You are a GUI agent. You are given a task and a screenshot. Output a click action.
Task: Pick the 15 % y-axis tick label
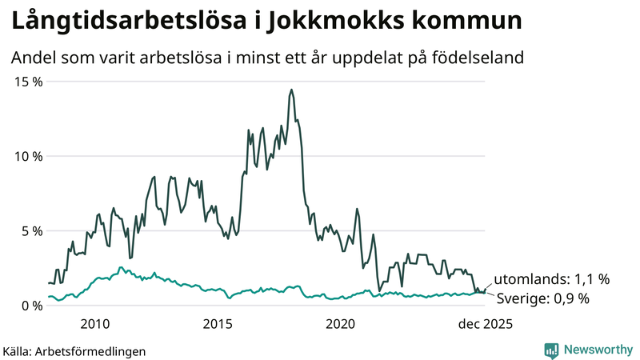click(26, 82)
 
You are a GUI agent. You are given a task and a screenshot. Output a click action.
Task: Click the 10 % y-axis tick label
click(26, 156)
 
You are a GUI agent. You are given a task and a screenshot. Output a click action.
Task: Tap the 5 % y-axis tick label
click(30, 230)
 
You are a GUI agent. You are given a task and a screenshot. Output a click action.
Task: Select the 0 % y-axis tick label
click(30, 305)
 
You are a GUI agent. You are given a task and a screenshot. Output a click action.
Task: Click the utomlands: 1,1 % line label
click(551, 279)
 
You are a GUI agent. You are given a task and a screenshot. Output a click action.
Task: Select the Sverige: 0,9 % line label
click(542, 298)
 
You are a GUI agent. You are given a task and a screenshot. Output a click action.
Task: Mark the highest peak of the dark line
click(291, 90)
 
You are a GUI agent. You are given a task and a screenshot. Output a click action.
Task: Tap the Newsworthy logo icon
click(551, 350)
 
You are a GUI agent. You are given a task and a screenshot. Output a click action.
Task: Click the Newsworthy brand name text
click(598, 350)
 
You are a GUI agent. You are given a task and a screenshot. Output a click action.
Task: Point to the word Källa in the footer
click(18, 351)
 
